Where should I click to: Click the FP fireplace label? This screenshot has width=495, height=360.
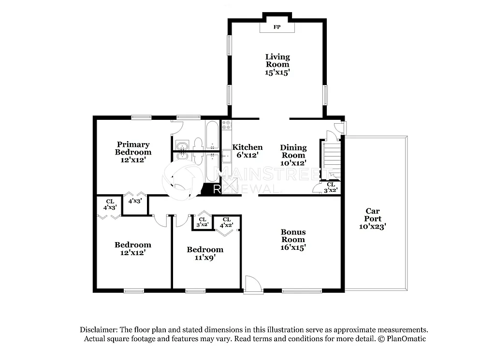pos(277,27)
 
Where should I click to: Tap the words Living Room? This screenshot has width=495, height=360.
pos(277,60)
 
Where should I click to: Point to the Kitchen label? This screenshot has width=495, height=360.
pos(247,147)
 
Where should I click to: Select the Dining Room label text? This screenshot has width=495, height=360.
pos(293,151)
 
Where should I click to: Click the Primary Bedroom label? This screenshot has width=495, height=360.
pos(133,148)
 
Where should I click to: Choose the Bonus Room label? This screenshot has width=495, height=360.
pos(293,235)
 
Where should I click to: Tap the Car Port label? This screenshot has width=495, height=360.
pos(373,215)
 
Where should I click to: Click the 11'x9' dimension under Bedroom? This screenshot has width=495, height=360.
pos(205,258)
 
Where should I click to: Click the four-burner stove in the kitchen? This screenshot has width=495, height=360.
pos(226,126)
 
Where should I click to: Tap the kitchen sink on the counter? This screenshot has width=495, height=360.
pos(226,157)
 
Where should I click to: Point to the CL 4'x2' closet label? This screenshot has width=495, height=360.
pos(226,222)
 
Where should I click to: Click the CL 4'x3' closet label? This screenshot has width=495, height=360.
pos(109,204)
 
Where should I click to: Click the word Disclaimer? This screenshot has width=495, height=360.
pos(98,329)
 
